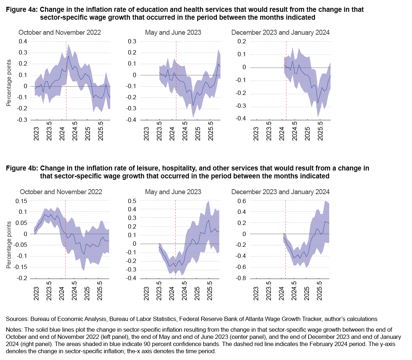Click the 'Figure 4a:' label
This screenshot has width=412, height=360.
(x=21, y=10)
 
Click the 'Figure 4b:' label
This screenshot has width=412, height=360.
(x=21, y=168)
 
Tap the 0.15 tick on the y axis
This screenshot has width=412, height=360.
(x=21, y=201)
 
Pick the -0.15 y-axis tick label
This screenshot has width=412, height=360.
(x=20, y=267)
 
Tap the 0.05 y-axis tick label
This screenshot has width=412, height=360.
(x=21, y=223)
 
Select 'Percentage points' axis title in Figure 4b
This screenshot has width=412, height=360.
(x=9, y=245)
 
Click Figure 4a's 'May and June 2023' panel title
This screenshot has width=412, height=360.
(x=173, y=32)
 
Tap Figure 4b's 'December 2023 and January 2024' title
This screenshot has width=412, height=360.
(x=281, y=192)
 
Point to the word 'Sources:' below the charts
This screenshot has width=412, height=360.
(x=18, y=318)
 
